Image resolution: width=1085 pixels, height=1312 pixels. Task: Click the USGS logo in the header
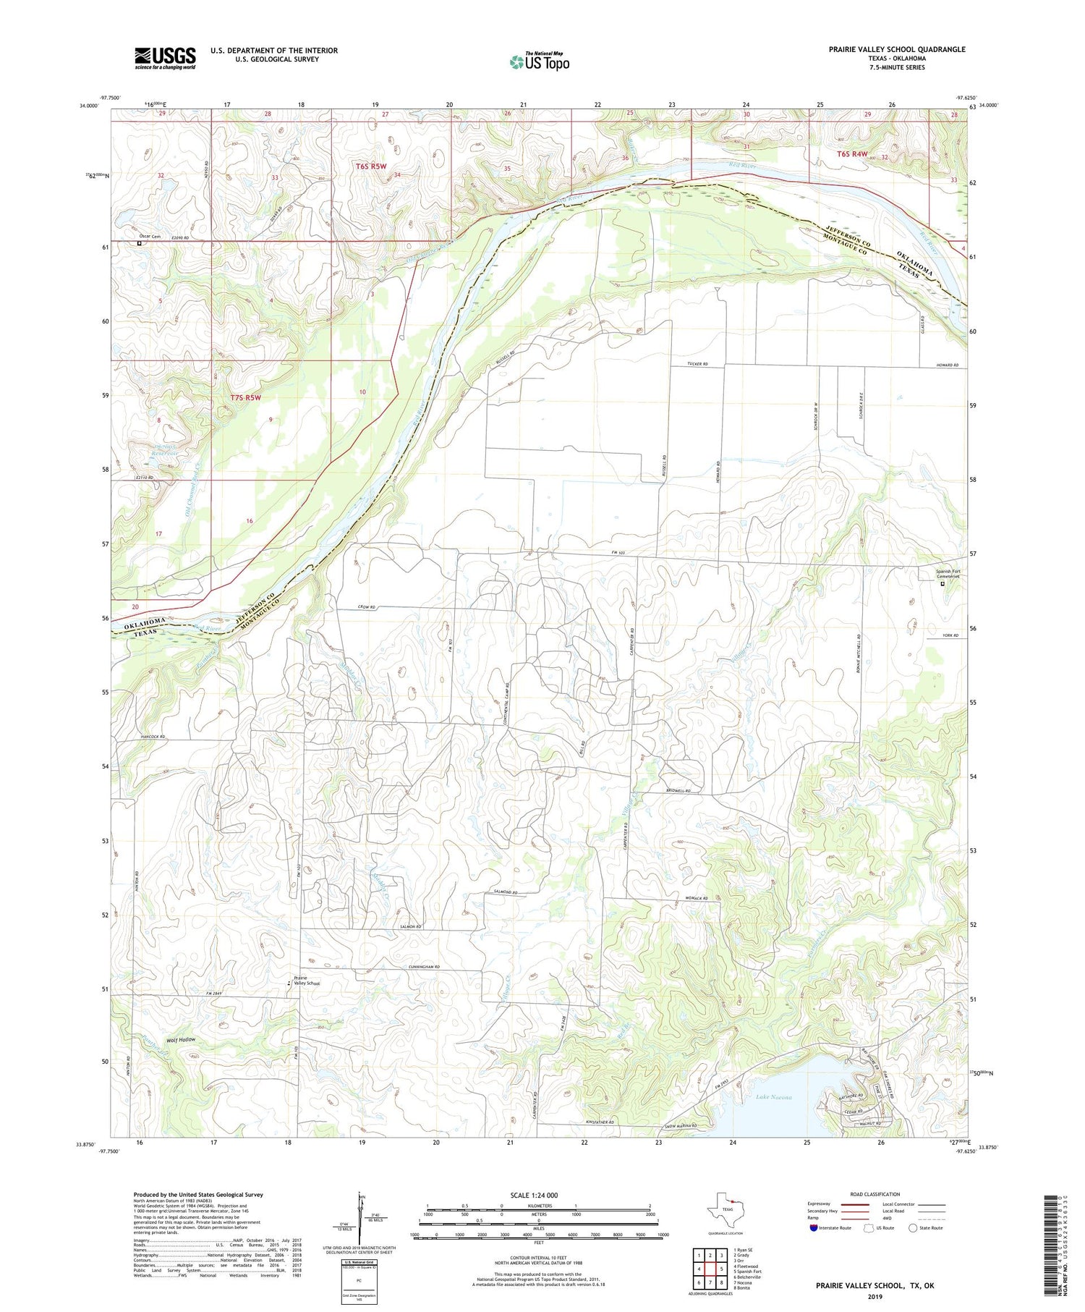(165, 58)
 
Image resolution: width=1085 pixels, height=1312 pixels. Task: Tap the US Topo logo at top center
(539, 62)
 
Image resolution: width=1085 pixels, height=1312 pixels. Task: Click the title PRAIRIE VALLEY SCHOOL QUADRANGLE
(896, 49)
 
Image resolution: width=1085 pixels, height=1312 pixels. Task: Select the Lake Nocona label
(774, 1097)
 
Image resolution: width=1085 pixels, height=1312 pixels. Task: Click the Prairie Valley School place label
(307, 981)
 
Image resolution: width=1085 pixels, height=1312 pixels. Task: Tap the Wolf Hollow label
(181, 1040)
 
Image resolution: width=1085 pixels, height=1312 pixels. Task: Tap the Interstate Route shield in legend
(815, 1228)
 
